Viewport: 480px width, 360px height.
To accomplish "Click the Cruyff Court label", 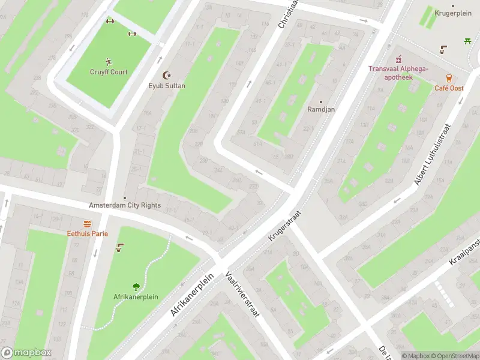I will click(109, 72).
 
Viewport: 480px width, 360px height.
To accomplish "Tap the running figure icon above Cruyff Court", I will click(109, 61).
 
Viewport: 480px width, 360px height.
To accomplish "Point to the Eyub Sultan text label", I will click(167, 86).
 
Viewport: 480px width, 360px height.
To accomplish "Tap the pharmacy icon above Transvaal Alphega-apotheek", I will click(398, 58).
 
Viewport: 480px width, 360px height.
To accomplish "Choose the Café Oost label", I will click(449, 88).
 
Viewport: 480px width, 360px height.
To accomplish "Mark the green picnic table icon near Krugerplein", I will click(467, 41).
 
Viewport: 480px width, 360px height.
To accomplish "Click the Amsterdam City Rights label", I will click(125, 205).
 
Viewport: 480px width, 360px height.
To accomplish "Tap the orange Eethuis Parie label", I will click(87, 233).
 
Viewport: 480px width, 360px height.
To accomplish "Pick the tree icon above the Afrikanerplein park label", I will click(136, 286).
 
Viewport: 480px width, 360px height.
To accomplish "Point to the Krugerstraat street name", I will click(284, 227).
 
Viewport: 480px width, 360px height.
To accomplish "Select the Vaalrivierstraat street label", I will click(242, 294).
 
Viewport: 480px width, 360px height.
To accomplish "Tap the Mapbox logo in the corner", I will click(26, 353).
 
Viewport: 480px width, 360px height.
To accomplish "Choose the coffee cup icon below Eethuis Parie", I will click(120, 247).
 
